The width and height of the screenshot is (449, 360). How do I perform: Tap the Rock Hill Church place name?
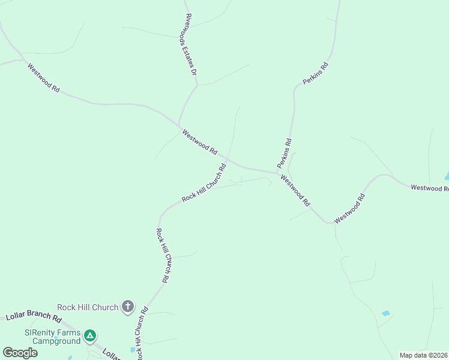88,308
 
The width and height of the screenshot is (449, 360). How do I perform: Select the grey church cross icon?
127,307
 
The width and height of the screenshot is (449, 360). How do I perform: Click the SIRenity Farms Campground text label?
52,337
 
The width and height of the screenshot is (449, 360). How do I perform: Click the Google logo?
20,353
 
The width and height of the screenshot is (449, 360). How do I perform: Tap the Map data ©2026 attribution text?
423,355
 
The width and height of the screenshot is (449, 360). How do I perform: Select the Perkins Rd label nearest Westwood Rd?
285,153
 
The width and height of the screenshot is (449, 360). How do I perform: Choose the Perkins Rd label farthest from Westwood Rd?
317,73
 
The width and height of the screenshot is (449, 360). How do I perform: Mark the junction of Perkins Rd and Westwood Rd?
277,173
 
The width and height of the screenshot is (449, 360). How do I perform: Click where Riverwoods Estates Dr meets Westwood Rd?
179,125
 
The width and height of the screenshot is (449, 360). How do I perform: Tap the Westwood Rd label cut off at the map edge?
430,188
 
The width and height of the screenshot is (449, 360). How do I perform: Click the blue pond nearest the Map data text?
385,314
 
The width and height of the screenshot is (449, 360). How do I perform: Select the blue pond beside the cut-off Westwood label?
446,176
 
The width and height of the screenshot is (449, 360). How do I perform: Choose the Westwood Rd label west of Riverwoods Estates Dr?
44,78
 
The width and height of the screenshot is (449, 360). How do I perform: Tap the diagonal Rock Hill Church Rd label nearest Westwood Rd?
204,183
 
